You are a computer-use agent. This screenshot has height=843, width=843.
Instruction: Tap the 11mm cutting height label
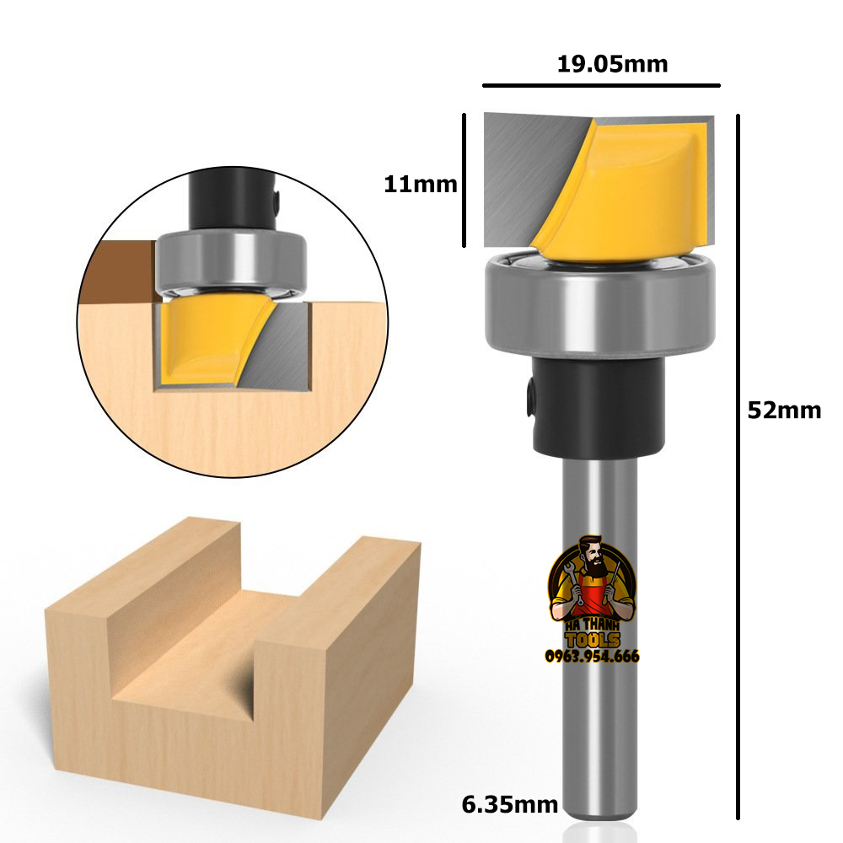tap(420, 184)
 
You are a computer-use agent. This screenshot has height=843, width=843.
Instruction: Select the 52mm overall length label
tap(784, 411)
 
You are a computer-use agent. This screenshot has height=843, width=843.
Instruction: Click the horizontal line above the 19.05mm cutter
tap(601, 85)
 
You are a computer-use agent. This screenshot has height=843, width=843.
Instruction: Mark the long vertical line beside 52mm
tap(738, 464)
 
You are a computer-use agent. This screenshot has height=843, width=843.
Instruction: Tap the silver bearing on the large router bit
tap(599, 303)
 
